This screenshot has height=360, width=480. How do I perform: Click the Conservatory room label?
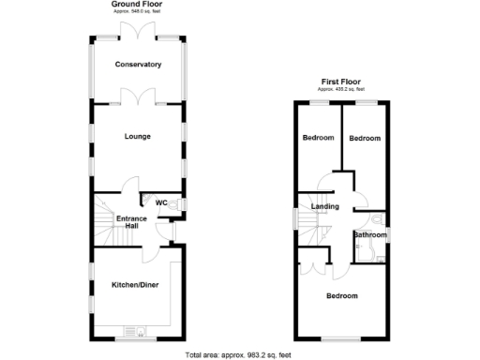(x=138, y=65)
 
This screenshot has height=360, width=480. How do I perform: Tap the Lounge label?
(x=138, y=137)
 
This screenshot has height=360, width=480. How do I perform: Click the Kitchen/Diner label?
(x=134, y=283)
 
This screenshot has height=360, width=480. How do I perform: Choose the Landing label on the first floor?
(x=325, y=206)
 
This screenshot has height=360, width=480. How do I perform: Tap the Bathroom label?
(x=370, y=234)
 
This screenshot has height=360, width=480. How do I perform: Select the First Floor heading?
(x=341, y=82)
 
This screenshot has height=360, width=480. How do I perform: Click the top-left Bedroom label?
(x=318, y=139)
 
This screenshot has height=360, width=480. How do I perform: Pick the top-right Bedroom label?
(x=365, y=139)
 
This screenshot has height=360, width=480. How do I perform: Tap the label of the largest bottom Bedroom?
(x=341, y=296)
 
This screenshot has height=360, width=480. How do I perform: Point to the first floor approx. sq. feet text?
(x=341, y=89)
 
